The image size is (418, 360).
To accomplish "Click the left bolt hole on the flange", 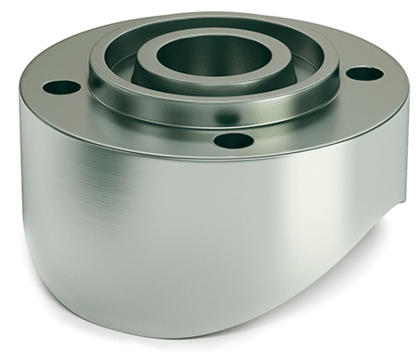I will point(61,87).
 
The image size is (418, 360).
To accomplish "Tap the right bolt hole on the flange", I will point(364,73).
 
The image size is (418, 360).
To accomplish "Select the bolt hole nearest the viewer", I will point(233,141).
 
